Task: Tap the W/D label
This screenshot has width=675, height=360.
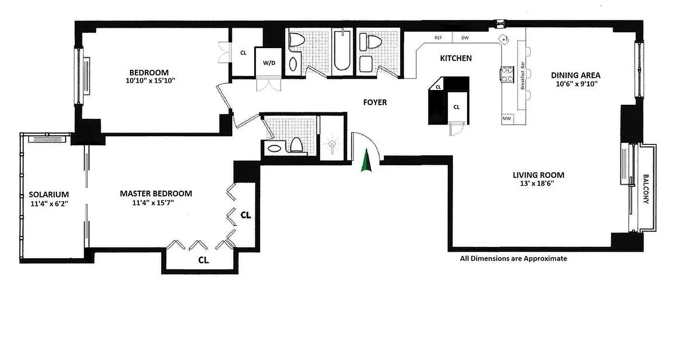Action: click(269, 63)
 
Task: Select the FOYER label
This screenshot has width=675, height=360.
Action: click(375, 103)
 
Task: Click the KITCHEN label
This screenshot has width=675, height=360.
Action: click(455, 58)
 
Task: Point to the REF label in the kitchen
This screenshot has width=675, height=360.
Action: click(438, 38)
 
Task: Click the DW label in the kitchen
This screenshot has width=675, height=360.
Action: click(465, 38)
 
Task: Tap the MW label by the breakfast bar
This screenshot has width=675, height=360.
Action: click(507, 119)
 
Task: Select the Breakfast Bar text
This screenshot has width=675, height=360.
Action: click(523, 79)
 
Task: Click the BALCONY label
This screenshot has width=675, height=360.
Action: click(646, 189)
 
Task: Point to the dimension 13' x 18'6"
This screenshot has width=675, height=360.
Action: click(539, 184)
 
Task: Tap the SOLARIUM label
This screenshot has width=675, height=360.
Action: click(49, 194)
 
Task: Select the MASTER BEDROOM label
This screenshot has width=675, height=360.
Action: click(156, 193)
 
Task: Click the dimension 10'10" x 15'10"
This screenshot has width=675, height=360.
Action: click(149, 81)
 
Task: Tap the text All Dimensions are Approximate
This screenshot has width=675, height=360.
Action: click(513, 259)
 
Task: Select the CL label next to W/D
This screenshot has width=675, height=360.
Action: click(243, 53)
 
